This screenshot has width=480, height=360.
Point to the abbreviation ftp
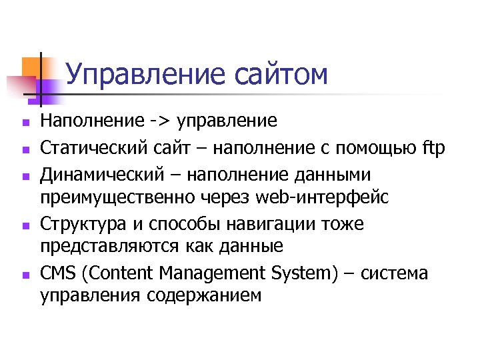click(433, 147)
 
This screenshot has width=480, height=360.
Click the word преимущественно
click(117, 197)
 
